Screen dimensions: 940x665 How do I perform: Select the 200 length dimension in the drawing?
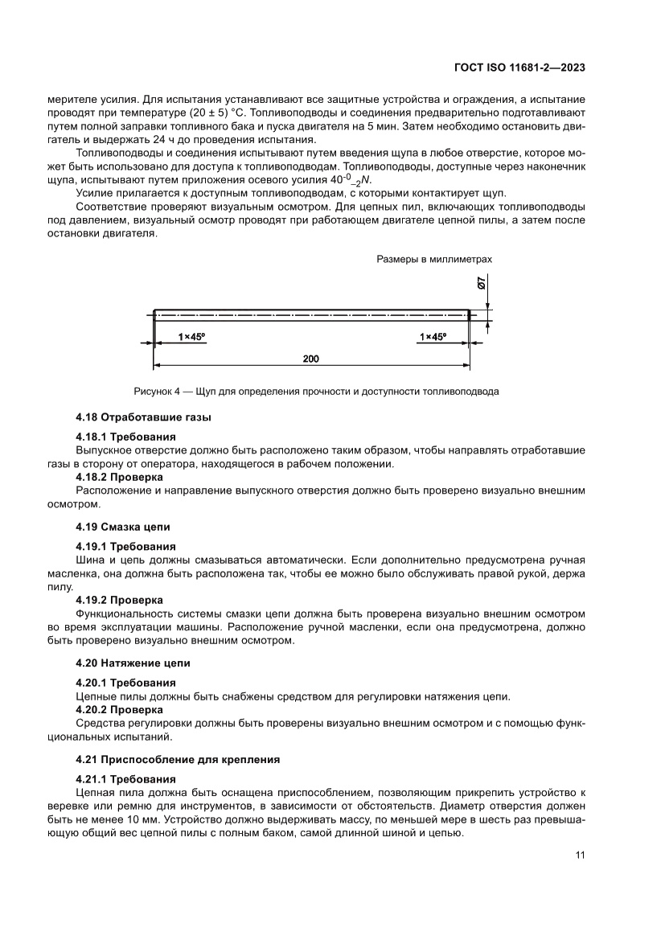coord(311,359)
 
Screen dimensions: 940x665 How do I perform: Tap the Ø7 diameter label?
coord(480,283)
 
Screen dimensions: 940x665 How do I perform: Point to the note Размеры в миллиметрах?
coord(433,260)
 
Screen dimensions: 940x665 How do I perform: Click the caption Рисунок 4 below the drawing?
coord(316,392)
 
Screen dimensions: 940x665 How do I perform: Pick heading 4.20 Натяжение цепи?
coord(133,663)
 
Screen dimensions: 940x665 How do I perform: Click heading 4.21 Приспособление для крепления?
coord(178,759)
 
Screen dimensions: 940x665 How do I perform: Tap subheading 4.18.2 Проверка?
coord(119,476)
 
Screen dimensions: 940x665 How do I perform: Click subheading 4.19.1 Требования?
coord(125,546)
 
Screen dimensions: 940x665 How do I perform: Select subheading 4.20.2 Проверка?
coord(119,710)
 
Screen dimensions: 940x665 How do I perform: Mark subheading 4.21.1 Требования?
coord(125,779)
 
